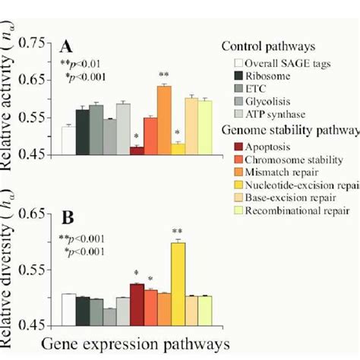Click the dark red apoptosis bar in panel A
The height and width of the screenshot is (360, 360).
click(137, 150)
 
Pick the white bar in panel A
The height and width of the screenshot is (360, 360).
click(68, 141)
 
